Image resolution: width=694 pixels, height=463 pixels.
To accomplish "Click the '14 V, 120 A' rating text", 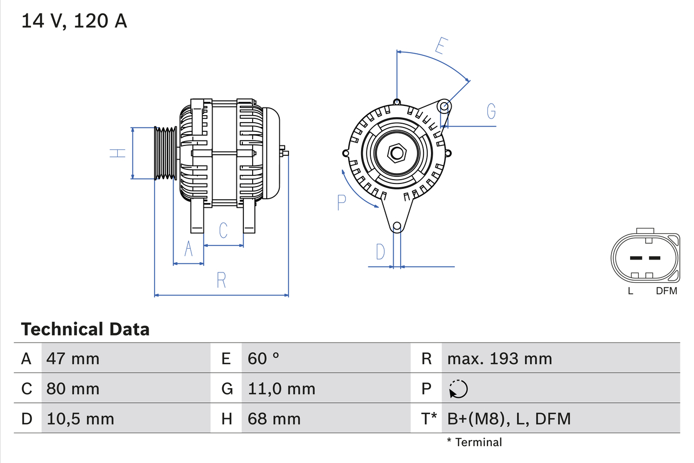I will pyautogui.click(x=74, y=21).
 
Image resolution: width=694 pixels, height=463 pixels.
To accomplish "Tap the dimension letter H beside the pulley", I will pyautogui.click(x=118, y=154).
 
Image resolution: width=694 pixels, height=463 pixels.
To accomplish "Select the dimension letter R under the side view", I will pyautogui.click(x=221, y=280).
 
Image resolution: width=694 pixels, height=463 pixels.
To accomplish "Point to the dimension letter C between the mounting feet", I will pyautogui.click(x=223, y=230).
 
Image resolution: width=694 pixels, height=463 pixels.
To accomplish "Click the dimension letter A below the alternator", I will pyautogui.click(x=188, y=249).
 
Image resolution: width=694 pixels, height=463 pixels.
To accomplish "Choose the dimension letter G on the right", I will pyautogui.click(x=491, y=111).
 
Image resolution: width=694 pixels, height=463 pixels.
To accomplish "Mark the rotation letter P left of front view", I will pyautogui.click(x=341, y=202).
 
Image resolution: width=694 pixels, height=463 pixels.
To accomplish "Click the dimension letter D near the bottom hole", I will pyautogui.click(x=380, y=252).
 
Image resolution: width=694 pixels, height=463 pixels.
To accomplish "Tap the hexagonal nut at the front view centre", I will pyautogui.click(x=397, y=153).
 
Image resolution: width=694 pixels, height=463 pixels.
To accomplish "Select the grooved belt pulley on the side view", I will pyautogui.click(x=165, y=154).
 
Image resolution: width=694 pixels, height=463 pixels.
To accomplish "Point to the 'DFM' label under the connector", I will pyautogui.click(x=666, y=291).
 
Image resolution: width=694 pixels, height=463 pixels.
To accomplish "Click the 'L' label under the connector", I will pyautogui.click(x=630, y=291).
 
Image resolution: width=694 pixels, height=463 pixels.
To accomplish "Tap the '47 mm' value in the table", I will pyautogui.click(x=73, y=358).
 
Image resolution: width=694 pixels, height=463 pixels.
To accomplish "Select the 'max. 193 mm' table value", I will pyautogui.click(x=499, y=358).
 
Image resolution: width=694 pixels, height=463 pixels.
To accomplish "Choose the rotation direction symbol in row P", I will pyautogui.click(x=458, y=389).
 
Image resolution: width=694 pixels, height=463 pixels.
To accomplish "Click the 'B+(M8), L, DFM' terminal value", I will pyautogui.click(x=509, y=418).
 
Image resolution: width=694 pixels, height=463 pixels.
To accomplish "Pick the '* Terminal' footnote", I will pyautogui.click(x=474, y=442).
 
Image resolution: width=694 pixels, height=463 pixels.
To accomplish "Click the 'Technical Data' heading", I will pyautogui.click(x=85, y=329).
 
